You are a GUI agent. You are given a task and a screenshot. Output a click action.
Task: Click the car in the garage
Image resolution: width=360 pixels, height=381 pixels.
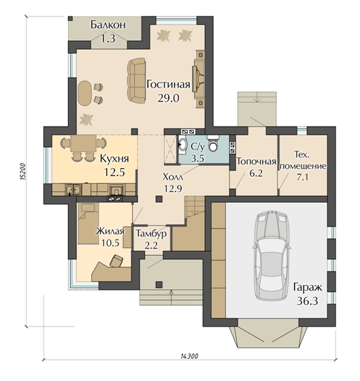[x=271, y=255]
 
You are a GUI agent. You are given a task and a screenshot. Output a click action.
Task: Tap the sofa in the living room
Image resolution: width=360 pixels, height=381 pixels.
[x=137, y=80]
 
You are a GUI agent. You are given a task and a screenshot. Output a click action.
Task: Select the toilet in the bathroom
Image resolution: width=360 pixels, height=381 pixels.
[x=213, y=143]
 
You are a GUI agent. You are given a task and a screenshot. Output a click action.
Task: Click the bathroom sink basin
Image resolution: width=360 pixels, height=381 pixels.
[x=182, y=145]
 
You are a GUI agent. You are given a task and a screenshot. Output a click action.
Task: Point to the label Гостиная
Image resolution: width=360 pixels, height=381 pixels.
[x=168, y=84]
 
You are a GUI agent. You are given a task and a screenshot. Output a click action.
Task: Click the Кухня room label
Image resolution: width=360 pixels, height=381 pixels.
[x=114, y=159]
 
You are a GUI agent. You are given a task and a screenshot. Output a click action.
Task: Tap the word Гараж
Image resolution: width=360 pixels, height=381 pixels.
[x=308, y=288]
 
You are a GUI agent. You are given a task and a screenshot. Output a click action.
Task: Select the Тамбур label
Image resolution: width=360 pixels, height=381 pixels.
[x=152, y=233]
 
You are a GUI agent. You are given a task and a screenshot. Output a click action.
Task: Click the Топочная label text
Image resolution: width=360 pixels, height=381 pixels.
[x=256, y=162]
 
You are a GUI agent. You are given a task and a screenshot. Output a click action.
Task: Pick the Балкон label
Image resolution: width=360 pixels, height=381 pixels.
[x=108, y=24]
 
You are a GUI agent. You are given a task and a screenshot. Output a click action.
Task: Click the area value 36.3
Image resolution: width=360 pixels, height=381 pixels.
[x=308, y=301]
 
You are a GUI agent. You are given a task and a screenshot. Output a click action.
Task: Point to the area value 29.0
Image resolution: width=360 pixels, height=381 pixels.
[x=169, y=99]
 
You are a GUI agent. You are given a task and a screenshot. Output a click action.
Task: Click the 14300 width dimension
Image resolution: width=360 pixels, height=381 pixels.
[x=190, y=357]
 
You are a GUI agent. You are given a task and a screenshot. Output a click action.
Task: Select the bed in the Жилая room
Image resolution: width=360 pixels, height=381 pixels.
[x=88, y=224]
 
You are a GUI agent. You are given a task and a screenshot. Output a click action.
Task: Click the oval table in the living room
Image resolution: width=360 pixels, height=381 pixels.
[x=84, y=93]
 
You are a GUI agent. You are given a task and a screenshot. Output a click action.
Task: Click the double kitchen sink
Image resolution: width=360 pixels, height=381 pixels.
[x=73, y=190]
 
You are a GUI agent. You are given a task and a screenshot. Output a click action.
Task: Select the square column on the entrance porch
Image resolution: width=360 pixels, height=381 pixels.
[x=159, y=284]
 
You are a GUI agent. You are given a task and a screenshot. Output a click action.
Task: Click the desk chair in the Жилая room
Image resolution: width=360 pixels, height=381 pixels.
[x=116, y=261]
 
